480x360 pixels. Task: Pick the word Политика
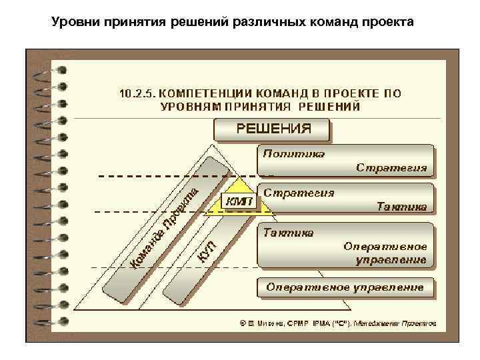tap(293, 153)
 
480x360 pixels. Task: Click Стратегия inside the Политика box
tap(391, 167)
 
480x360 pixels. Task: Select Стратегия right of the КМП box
tap(298, 193)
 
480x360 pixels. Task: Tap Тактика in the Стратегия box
tap(401, 207)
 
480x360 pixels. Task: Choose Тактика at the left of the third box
tap(288, 233)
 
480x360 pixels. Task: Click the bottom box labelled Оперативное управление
tap(345, 287)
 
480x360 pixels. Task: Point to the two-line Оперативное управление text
tap(385, 253)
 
